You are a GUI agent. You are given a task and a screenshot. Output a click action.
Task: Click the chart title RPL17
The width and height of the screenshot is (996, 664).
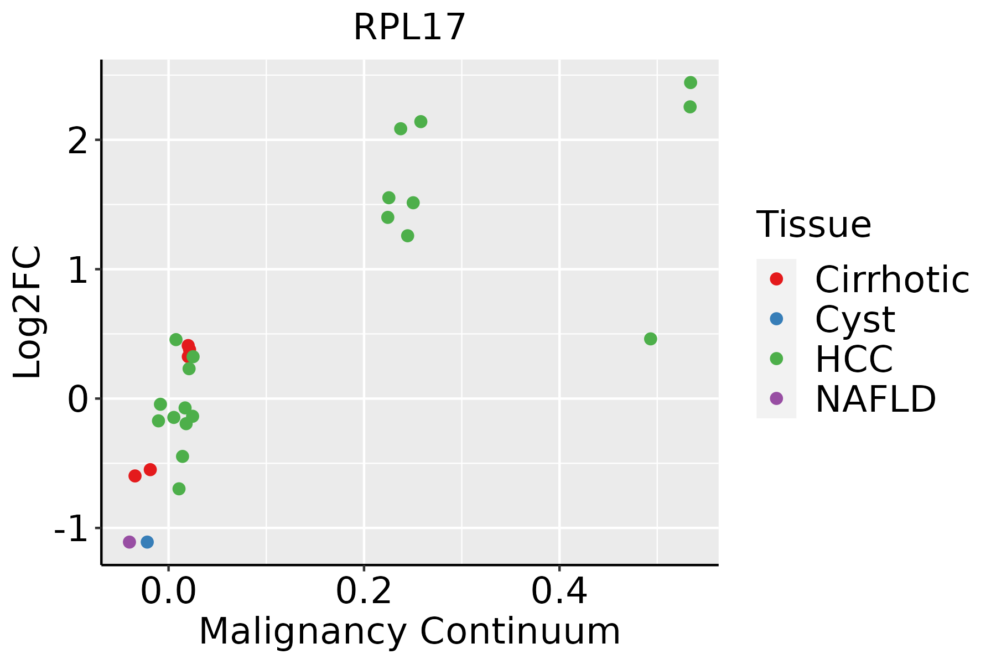pos(409,28)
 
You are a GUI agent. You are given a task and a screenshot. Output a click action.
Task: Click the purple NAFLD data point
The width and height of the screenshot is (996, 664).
pos(129,542)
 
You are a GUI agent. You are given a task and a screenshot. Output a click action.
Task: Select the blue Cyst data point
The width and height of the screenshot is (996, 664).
pos(147,542)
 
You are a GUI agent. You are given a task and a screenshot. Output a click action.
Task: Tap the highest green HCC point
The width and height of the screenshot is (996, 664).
pos(691,82)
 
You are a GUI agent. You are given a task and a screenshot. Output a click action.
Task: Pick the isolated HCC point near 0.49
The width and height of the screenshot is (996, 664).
pos(651,339)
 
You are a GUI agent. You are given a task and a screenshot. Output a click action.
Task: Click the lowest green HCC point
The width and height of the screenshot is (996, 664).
pos(179,489)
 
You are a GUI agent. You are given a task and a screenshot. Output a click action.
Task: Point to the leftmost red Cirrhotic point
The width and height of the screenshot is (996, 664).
pos(135,476)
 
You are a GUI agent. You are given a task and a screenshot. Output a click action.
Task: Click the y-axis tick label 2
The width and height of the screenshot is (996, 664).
pos(77,140)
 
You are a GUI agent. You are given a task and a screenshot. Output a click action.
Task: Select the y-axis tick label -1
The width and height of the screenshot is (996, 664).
pos(70,528)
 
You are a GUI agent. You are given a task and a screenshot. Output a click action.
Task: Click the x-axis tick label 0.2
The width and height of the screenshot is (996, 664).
pos(364,592)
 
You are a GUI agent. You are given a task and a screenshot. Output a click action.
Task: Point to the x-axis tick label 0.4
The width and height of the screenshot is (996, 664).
pos(559,592)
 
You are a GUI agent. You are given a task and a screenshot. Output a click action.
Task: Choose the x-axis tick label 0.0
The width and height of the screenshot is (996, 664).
pos(168,592)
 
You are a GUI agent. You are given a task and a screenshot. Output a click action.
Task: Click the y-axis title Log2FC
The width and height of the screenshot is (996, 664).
pos(28,313)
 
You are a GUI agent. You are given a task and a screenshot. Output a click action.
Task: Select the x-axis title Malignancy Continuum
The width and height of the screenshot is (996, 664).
pos(409,631)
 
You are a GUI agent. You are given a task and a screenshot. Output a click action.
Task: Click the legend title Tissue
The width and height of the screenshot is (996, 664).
pos(813,224)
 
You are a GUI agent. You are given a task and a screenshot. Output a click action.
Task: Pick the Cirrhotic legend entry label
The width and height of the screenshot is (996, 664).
pos(892,279)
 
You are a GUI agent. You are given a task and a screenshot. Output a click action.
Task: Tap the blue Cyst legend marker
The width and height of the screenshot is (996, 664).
pos(776,319)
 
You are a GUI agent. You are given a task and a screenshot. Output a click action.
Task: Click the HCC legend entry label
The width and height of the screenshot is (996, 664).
pos(854,359)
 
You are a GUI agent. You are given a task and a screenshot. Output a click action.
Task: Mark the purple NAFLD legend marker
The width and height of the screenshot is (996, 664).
pos(776,398)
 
